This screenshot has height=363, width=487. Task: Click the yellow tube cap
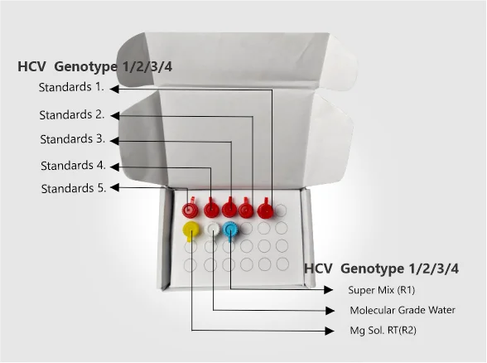(x=190, y=230)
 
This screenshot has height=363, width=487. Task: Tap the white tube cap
(x=212, y=229)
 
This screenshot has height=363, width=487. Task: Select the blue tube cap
(x=230, y=230)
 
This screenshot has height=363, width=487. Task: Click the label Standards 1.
(x=71, y=87)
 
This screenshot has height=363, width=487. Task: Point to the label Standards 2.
(x=72, y=114)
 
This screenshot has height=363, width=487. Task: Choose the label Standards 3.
(x=72, y=139)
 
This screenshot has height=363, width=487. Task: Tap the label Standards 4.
(x=73, y=166)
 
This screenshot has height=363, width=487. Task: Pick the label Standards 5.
(x=74, y=188)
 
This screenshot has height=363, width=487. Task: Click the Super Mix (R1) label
(x=381, y=290)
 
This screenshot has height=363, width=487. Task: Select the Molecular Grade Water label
(x=403, y=310)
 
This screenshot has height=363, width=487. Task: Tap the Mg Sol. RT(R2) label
(x=383, y=330)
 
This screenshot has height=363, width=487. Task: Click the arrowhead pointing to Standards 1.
(x=114, y=89)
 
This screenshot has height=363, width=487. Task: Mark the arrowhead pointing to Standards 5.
(x=114, y=187)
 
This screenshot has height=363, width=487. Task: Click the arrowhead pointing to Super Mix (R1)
(x=329, y=290)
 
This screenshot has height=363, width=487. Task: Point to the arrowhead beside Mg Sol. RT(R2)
(x=330, y=331)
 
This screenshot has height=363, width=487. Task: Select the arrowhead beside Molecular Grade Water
(x=330, y=310)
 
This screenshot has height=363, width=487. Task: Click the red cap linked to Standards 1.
(x=266, y=210)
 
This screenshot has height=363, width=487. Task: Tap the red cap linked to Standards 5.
(x=189, y=209)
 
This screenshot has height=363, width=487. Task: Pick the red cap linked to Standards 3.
(x=229, y=209)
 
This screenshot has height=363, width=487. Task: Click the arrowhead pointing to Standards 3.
(x=114, y=141)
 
